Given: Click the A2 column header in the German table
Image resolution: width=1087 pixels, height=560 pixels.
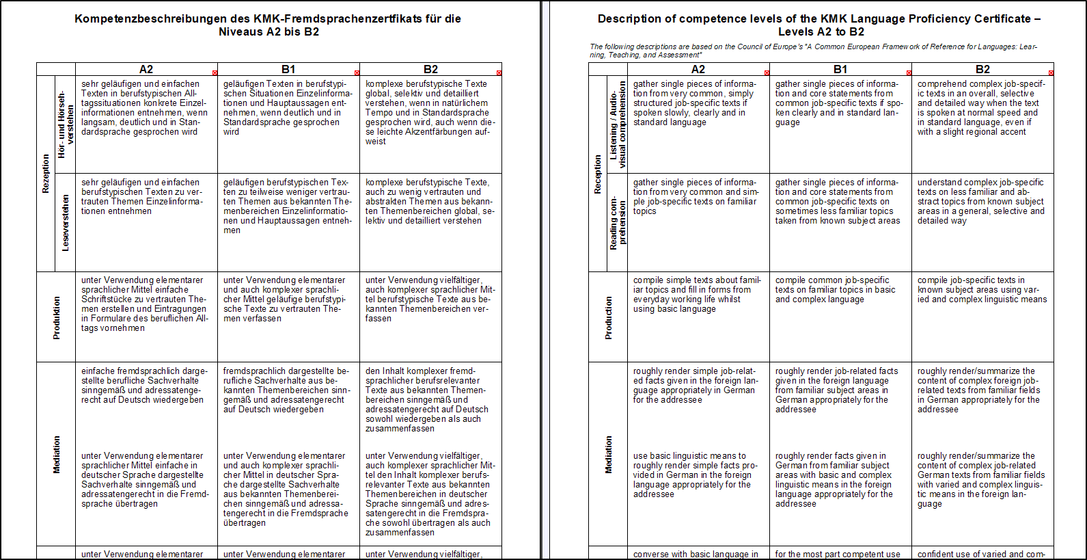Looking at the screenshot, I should pos(146,69).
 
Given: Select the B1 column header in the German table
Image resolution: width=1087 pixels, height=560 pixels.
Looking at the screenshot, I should pos(288,69).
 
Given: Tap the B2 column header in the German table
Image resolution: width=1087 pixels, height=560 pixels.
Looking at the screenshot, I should pos(430,69).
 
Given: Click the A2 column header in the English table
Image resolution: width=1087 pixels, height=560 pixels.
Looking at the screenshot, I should pos(698,69).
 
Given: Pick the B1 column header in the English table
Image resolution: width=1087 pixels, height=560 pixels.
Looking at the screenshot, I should pos(840,69).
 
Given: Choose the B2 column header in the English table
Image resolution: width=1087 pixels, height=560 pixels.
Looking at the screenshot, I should pos(982,69).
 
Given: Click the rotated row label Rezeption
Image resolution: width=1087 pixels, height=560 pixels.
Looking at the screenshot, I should pos(46,174).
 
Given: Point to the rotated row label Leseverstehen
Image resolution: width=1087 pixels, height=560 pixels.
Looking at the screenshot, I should pos(66,223).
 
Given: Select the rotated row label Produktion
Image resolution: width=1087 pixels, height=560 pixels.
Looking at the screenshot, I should pos(57,318).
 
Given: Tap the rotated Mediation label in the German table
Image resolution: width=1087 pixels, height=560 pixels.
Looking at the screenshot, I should pos(57,455).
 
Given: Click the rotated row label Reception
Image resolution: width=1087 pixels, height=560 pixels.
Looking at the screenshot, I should pos(598,174).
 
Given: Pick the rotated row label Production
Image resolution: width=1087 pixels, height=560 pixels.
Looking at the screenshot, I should pos(609,318).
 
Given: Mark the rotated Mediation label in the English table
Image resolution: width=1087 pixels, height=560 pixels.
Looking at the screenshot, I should pos(609,455).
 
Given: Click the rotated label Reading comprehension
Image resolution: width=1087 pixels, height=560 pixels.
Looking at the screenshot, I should pos(618,223).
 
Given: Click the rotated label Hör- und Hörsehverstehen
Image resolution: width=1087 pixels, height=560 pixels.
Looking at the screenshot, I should pos(66,124).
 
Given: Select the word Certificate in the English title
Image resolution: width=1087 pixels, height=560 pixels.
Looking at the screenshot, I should pos(1003,19).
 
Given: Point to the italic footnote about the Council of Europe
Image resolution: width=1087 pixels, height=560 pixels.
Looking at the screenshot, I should pos(813,51).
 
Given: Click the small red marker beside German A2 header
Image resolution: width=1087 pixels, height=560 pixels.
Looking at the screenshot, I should pos(215,72).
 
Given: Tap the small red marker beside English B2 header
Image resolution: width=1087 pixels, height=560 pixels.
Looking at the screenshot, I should pos(1051,72).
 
